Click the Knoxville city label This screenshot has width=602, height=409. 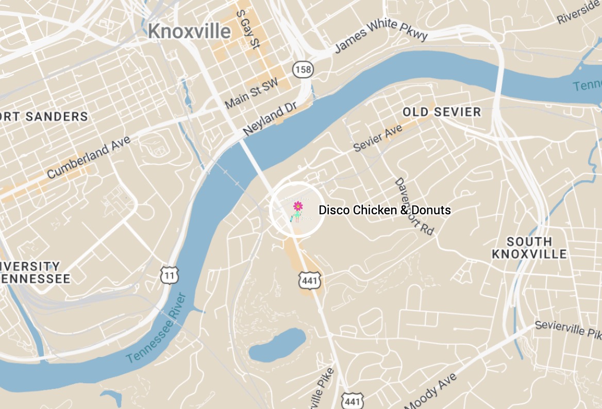189,31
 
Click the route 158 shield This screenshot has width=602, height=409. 304,70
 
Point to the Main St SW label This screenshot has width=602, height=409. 251,93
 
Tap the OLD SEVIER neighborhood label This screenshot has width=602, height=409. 442,112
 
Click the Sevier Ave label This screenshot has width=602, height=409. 378,139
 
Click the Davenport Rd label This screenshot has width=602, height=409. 413,207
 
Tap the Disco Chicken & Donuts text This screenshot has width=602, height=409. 384,210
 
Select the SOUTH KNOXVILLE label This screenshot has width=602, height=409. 529,248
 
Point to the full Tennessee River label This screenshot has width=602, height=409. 156,328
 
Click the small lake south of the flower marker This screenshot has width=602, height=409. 276,345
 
